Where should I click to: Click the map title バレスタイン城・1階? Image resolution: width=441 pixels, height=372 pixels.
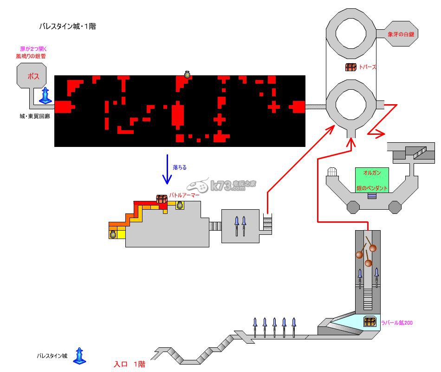(67, 27)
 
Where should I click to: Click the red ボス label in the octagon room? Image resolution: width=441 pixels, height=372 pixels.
(33, 76)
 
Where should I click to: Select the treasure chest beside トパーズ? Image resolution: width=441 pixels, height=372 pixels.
(350, 67)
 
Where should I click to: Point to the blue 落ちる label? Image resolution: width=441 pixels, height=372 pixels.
(180, 167)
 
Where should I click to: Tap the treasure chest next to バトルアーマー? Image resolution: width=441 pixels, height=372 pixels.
(162, 199)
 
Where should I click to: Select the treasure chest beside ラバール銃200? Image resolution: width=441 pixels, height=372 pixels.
(370, 321)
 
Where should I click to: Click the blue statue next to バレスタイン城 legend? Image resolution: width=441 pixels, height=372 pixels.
(79, 356)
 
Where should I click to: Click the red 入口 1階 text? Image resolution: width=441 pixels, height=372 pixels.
(130, 365)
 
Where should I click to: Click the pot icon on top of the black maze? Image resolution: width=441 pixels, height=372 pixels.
(188, 74)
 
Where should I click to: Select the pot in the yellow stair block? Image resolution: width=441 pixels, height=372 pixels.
(113, 234)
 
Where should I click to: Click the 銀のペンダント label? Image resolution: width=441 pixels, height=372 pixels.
(372, 188)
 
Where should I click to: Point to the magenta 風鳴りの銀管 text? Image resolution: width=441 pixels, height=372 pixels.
(31, 56)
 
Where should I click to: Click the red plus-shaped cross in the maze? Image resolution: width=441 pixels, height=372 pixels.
(274, 107)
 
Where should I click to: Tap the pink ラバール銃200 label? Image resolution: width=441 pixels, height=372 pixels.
(397, 322)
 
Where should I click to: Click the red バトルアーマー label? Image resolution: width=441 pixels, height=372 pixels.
(184, 196)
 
